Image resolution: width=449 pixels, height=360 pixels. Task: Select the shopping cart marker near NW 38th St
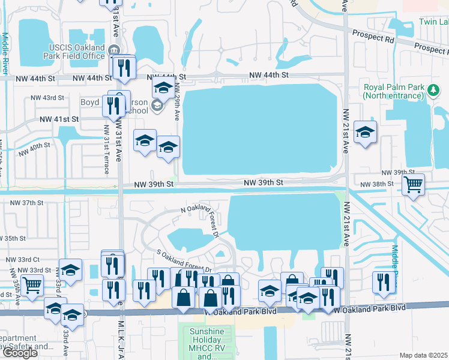click(x=413, y=184)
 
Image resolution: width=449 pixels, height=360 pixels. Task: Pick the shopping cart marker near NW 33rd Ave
click(x=32, y=285)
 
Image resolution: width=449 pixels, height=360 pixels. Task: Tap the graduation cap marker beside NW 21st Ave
click(x=365, y=131)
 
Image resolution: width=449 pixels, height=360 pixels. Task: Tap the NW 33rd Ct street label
click(x=23, y=260)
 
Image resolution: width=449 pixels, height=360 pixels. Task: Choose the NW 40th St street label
click(x=34, y=147)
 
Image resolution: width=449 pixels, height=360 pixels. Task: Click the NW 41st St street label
click(x=59, y=119)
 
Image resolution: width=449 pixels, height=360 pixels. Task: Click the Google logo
click(x=20, y=353)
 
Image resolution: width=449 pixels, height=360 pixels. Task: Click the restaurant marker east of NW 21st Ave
click(x=383, y=282)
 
